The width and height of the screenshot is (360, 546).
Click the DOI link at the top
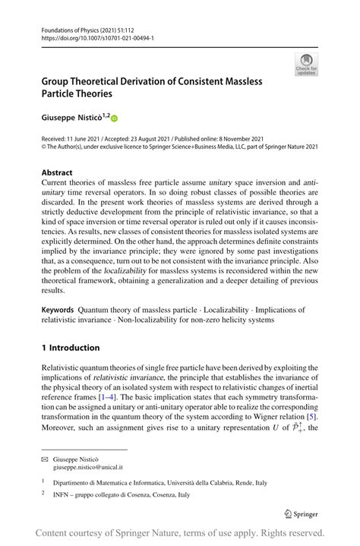tap(88, 35)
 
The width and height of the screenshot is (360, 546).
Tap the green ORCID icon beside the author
tap(115, 117)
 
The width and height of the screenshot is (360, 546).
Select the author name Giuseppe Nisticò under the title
tap(71, 117)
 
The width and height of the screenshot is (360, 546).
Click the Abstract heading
tap(58, 172)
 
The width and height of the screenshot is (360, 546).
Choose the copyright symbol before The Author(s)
tap(44, 148)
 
